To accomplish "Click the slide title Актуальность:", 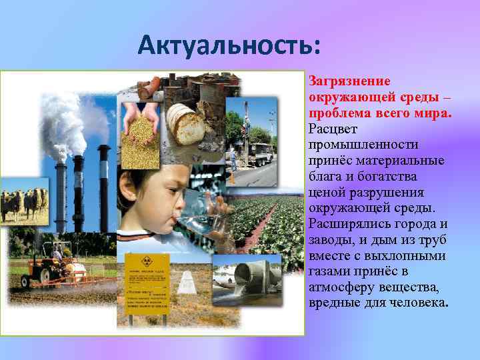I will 229,46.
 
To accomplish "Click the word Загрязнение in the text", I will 341,81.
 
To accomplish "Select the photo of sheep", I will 24,204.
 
